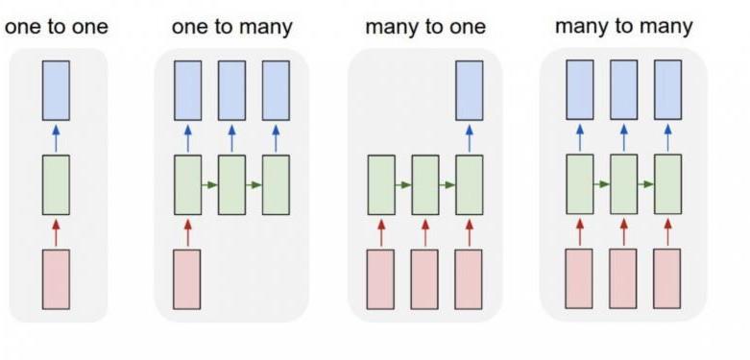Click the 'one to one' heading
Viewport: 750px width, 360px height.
coord(57,26)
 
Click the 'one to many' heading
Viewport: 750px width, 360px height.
coord(230,26)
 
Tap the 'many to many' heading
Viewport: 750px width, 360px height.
coord(623,26)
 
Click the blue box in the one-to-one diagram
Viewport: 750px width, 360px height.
coord(56,89)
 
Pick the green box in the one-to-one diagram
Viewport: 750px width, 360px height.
coord(56,184)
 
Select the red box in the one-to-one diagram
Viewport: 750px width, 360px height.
coord(56,279)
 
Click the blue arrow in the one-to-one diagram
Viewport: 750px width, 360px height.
coord(56,137)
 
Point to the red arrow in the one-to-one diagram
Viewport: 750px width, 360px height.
coord(56,232)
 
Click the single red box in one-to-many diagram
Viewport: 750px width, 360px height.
coord(187,279)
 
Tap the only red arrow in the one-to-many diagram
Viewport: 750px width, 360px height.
coord(187,232)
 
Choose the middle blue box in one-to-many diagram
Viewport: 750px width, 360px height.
coord(231,90)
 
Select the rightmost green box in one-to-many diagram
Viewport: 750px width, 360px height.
coord(276,184)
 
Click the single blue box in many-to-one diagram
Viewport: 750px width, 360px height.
coord(469,90)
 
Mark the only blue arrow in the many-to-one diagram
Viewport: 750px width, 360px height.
coord(469,137)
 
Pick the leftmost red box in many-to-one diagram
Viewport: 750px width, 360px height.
coord(380,279)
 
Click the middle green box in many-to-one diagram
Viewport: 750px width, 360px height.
coord(424,184)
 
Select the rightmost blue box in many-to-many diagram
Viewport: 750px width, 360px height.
coord(667,89)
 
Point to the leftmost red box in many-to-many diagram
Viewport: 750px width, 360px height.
coord(579,278)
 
